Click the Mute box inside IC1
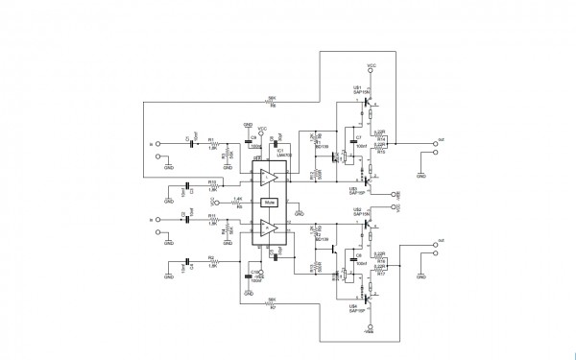click(x=270, y=203)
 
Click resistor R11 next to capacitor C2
click(x=212, y=219)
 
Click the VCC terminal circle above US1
click(x=372, y=72)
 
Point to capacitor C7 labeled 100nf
click(x=357, y=142)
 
